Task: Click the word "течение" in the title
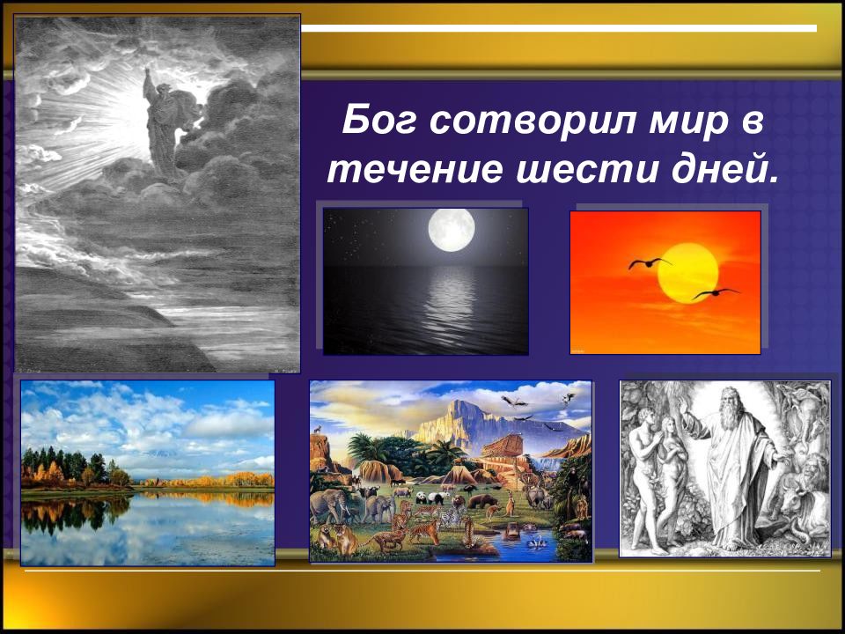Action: point(415,170)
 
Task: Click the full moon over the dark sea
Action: point(452,230)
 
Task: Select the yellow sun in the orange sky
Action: point(687,273)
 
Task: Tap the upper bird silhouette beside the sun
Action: point(650,262)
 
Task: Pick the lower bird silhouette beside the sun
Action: point(716,292)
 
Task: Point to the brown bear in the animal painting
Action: point(482,501)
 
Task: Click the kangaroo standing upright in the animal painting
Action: point(510,503)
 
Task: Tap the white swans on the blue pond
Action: point(536,542)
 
